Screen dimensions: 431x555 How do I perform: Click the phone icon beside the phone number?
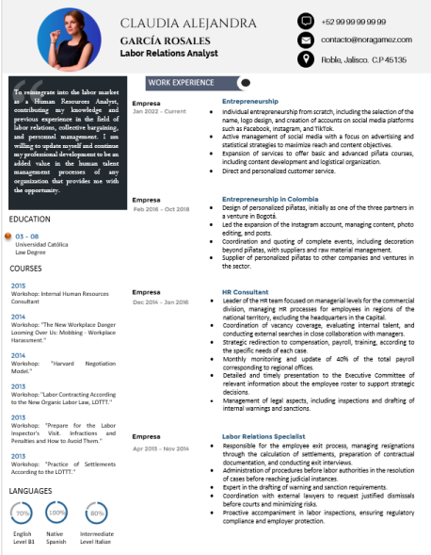305,21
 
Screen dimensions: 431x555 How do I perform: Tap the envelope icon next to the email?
305,41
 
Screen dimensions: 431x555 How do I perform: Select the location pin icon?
305,59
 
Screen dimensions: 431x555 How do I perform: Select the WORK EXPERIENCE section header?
181,83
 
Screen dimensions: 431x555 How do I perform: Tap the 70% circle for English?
22,512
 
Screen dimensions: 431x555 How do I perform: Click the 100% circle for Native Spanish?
56,512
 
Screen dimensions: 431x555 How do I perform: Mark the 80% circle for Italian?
95,512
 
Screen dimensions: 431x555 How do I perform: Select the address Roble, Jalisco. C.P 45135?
363,59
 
